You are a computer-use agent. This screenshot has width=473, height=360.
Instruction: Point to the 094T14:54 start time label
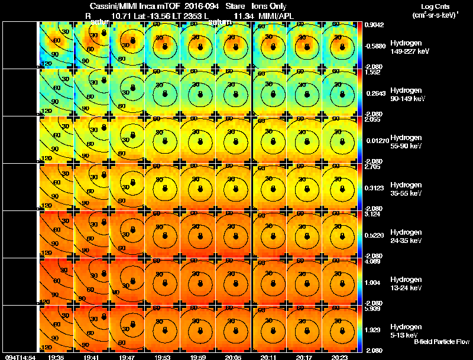[x=20, y=357]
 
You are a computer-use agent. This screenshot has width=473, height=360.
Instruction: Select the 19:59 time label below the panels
[x=199, y=357]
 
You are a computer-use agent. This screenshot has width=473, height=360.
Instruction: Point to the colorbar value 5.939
[x=372, y=309]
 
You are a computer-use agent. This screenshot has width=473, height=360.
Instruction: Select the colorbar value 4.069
[x=372, y=261]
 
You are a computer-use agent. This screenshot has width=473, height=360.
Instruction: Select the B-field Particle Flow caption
[x=442, y=342]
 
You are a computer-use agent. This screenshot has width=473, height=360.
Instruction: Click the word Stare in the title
[x=235, y=6]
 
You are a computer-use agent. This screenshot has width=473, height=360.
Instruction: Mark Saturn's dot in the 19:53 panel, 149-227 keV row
[x=165, y=47]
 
